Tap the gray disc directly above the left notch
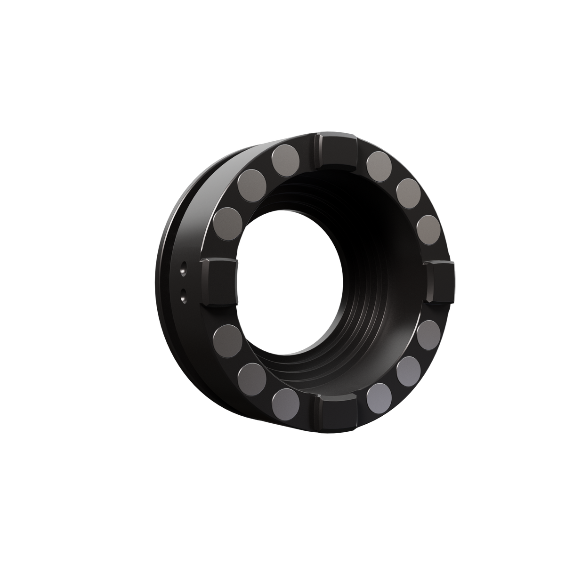pyautogui.click(x=228, y=221)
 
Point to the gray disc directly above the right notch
pyautogui.click(x=429, y=229)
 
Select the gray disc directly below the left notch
pyautogui.click(x=227, y=338)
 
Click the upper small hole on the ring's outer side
pyautogui.click(x=183, y=270)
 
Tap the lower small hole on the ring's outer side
pyautogui.click(x=183, y=295)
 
